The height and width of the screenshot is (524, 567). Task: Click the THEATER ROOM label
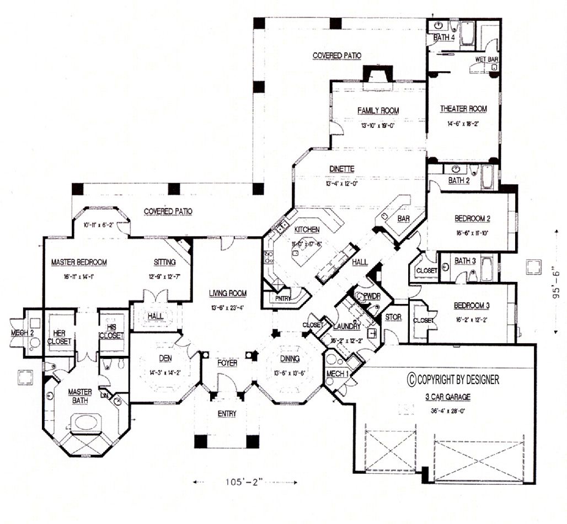point(463,109)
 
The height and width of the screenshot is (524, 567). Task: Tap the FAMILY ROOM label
point(378,110)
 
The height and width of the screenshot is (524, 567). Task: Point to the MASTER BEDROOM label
point(79,262)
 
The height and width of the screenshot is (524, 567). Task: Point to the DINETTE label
point(343,169)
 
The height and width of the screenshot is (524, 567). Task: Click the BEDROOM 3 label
point(472,306)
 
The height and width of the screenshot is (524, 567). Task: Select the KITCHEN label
point(307,229)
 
